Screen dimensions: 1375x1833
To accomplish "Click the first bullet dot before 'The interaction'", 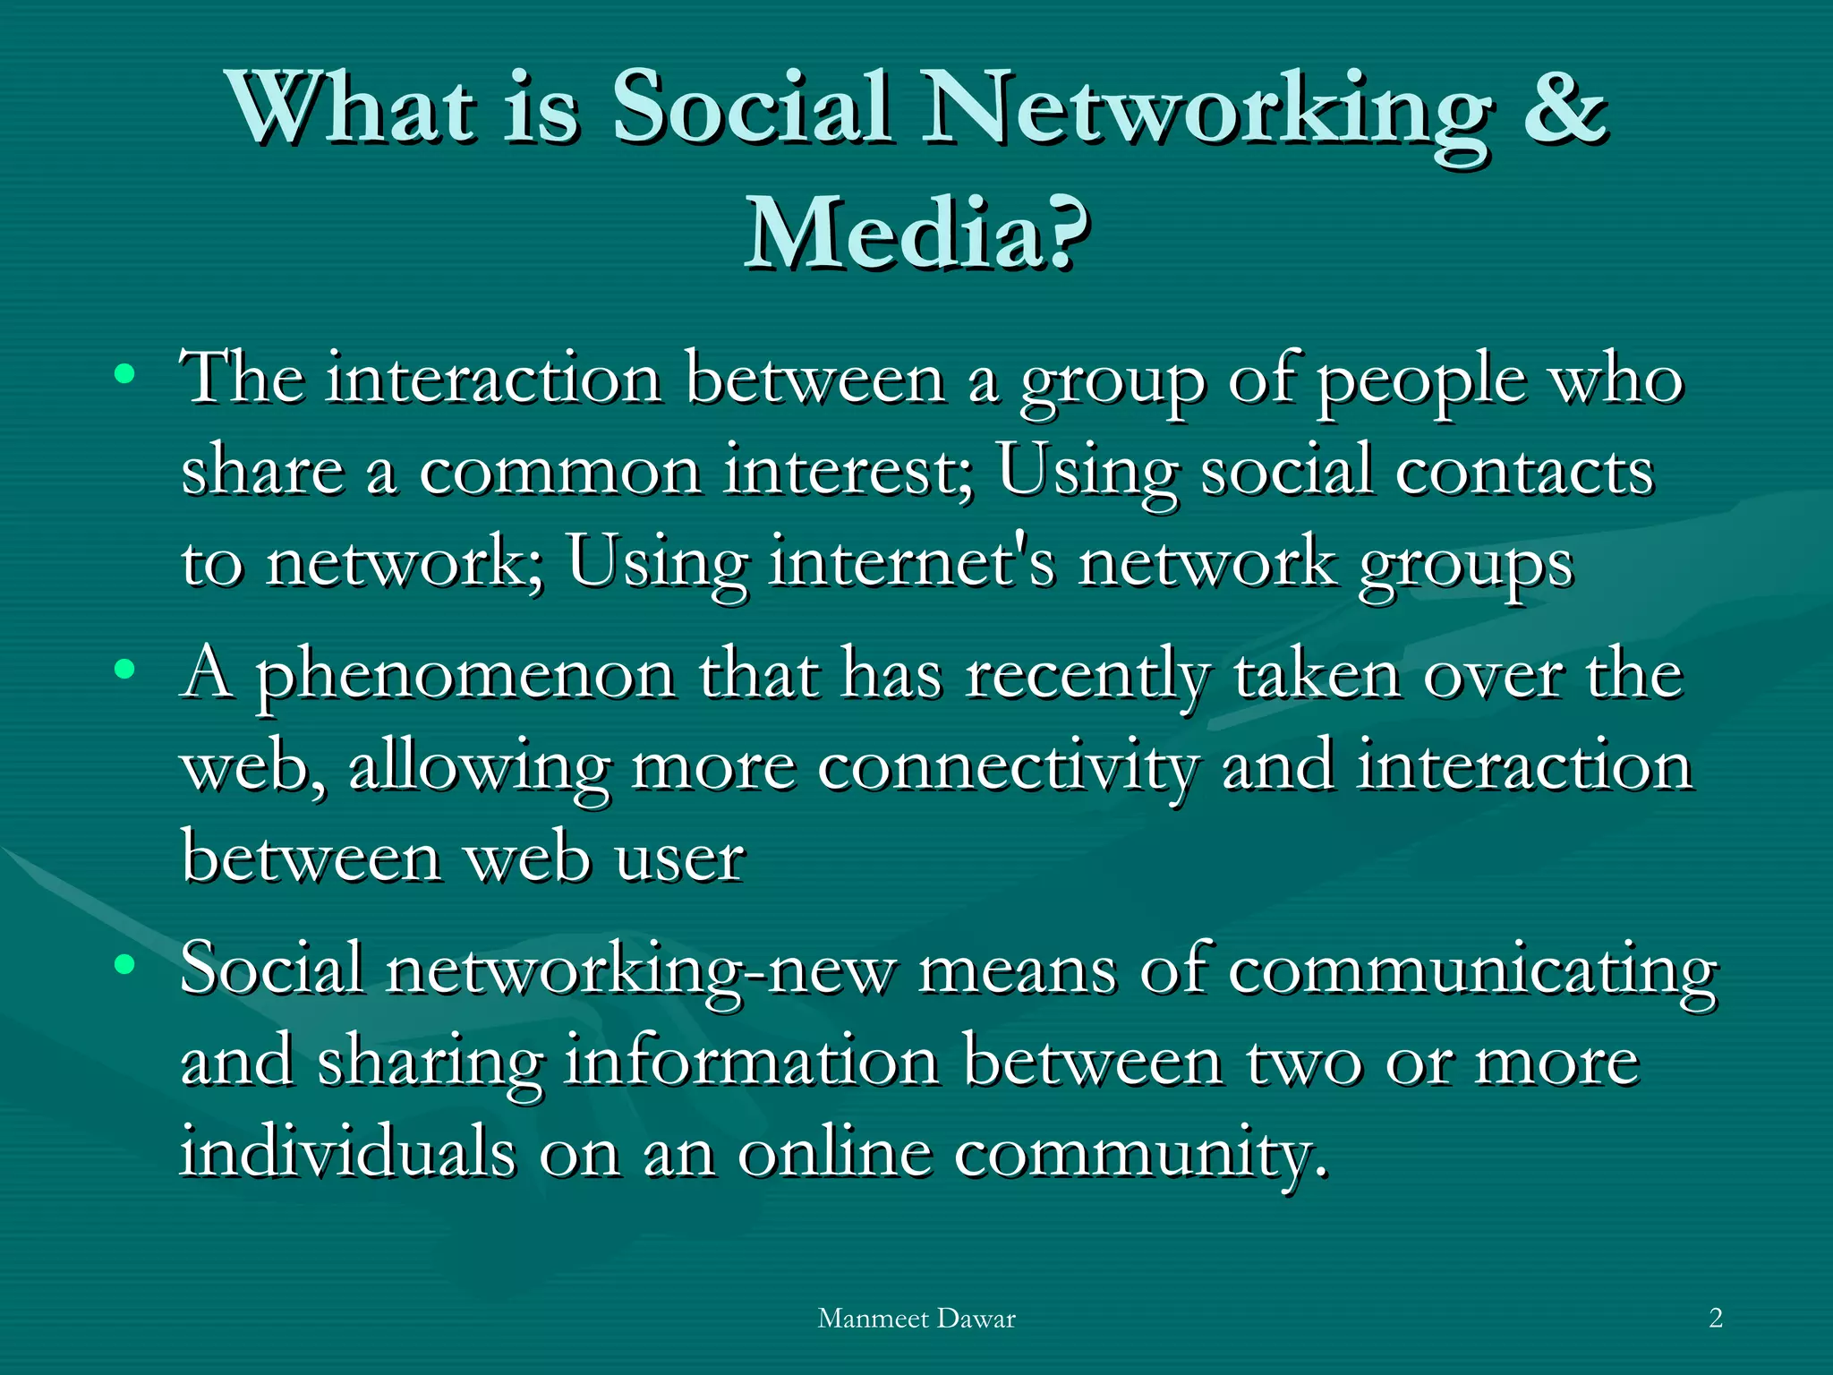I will coord(125,373).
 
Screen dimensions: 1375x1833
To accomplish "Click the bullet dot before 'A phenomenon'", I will coord(125,668).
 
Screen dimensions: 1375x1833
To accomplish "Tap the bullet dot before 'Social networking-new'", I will coord(125,964).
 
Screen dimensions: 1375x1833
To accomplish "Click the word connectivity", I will coord(1007,768).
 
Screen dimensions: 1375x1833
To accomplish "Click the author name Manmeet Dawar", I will coord(916,1318).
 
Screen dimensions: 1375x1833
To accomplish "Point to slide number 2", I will coord(1715,1318).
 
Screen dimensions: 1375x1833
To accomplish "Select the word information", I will coord(752,1062).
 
